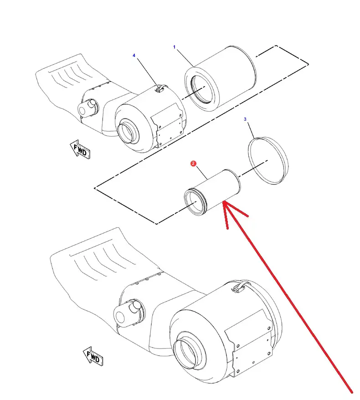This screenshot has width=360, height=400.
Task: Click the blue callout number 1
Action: [174, 47]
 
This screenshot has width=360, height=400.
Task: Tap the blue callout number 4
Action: [134, 56]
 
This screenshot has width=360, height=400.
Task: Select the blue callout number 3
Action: [245, 119]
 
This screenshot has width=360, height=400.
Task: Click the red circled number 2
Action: [193, 163]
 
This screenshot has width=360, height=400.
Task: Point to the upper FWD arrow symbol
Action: [80, 149]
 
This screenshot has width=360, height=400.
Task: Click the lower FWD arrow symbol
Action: [93, 356]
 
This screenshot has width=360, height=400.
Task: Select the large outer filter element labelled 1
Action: [221, 78]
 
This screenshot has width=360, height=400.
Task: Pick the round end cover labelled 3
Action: [268, 161]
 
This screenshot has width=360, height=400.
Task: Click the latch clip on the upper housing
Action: [161, 88]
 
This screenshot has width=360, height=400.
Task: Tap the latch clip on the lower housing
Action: [238, 287]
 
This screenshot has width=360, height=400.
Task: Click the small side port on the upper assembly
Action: [87, 108]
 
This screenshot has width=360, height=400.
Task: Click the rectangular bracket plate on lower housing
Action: [249, 343]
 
